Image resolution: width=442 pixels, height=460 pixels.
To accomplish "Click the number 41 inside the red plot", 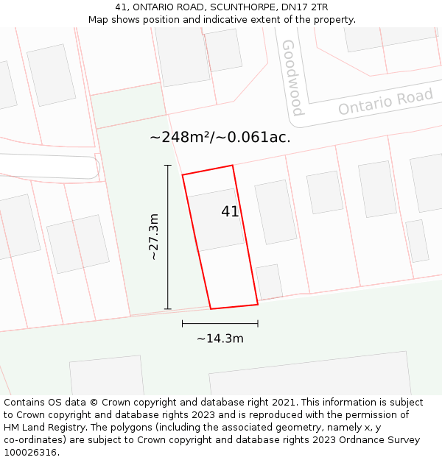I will pyautogui.click(x=230, y=212).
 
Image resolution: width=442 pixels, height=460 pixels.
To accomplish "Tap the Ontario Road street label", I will pyautogui.click(x=385, y=102).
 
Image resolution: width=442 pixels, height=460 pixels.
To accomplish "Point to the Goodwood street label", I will pyautogui.click(x=292, y=78).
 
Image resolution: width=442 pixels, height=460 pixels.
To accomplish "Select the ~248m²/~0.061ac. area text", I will pyautogui.click(x=220, y=138).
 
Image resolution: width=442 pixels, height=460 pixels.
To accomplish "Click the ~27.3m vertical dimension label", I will pyautogui.click(x=154, y=237).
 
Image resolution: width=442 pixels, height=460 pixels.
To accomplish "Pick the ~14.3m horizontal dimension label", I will pyautogui.click(x=220, y=339).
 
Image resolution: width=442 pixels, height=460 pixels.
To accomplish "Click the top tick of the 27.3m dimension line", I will pyautogui.click(x=168, y=166).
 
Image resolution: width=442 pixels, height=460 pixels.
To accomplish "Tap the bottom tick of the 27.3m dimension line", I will pyautogui.click(x=168, y=308).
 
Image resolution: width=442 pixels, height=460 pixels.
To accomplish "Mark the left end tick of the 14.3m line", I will pyautogui.click(x=183, y=323).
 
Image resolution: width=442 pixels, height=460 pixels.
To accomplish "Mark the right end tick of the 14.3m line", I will pyautogui.click(x=258, y=323).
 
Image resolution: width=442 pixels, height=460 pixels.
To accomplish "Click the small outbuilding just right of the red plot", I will pyautogui.click(x=270, y=281).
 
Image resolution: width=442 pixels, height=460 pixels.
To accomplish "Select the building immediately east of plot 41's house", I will pyautogui.click(x=276, y=211).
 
